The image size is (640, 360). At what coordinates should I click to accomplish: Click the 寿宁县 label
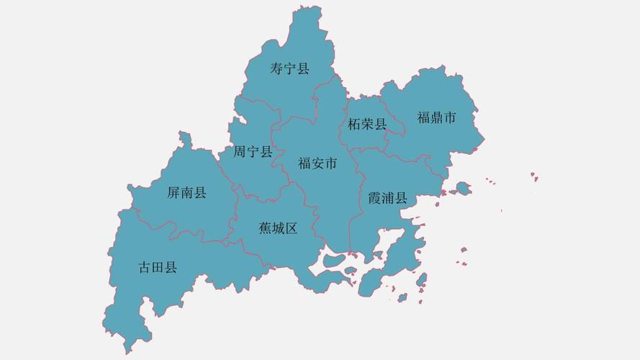[289, 69]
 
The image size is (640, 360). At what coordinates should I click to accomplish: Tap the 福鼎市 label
[436, 117]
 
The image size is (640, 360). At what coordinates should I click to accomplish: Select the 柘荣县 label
[367, 124]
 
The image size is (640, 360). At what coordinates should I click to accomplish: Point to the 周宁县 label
[253, 152]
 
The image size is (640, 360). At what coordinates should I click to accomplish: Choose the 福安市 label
[317, 163]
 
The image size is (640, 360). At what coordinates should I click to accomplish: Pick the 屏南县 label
[186, 192]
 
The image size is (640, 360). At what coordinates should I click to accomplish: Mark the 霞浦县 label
[387, 198]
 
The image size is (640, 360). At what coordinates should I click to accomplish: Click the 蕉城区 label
[278, 228]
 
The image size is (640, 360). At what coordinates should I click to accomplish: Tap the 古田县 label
[158, 268]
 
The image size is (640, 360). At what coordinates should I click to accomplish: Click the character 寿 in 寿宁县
[277, 69]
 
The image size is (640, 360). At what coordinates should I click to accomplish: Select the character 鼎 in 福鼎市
[436, 117]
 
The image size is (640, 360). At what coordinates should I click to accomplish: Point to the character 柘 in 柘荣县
[354, 124]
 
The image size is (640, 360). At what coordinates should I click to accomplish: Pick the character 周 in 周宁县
[240, 152]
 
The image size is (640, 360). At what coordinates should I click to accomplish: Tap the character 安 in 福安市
[317, 163]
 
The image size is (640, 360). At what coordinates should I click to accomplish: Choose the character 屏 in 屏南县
[173, 192]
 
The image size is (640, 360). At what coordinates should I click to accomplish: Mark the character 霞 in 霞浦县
[374, 198]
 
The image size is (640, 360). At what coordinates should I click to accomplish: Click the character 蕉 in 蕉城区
[265, 228]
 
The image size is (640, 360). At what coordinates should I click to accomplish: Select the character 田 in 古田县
[158, 268]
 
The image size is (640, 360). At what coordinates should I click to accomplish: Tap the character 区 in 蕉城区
[291, 228]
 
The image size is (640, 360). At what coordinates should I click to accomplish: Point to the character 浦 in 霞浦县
[387, 198]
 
